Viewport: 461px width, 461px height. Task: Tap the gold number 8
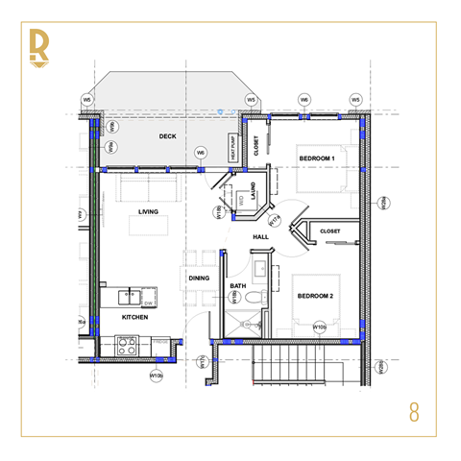pos(414,413)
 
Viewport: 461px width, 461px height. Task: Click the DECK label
pos(169,136)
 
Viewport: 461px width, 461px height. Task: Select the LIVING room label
pos(148,211)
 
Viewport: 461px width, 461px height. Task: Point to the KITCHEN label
pos(134,316)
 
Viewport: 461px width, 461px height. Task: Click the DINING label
pos(199,279)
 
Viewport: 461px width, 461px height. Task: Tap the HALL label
pos(260,237)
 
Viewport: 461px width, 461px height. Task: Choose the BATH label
pos(238,286)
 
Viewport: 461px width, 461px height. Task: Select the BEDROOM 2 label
pos(315,296)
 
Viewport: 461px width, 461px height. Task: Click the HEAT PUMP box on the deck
pos(232,148)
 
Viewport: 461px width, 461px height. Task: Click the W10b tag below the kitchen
pos(157,374)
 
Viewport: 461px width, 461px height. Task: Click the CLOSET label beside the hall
pos(329,230)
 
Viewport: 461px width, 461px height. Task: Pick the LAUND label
pos(252,190)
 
